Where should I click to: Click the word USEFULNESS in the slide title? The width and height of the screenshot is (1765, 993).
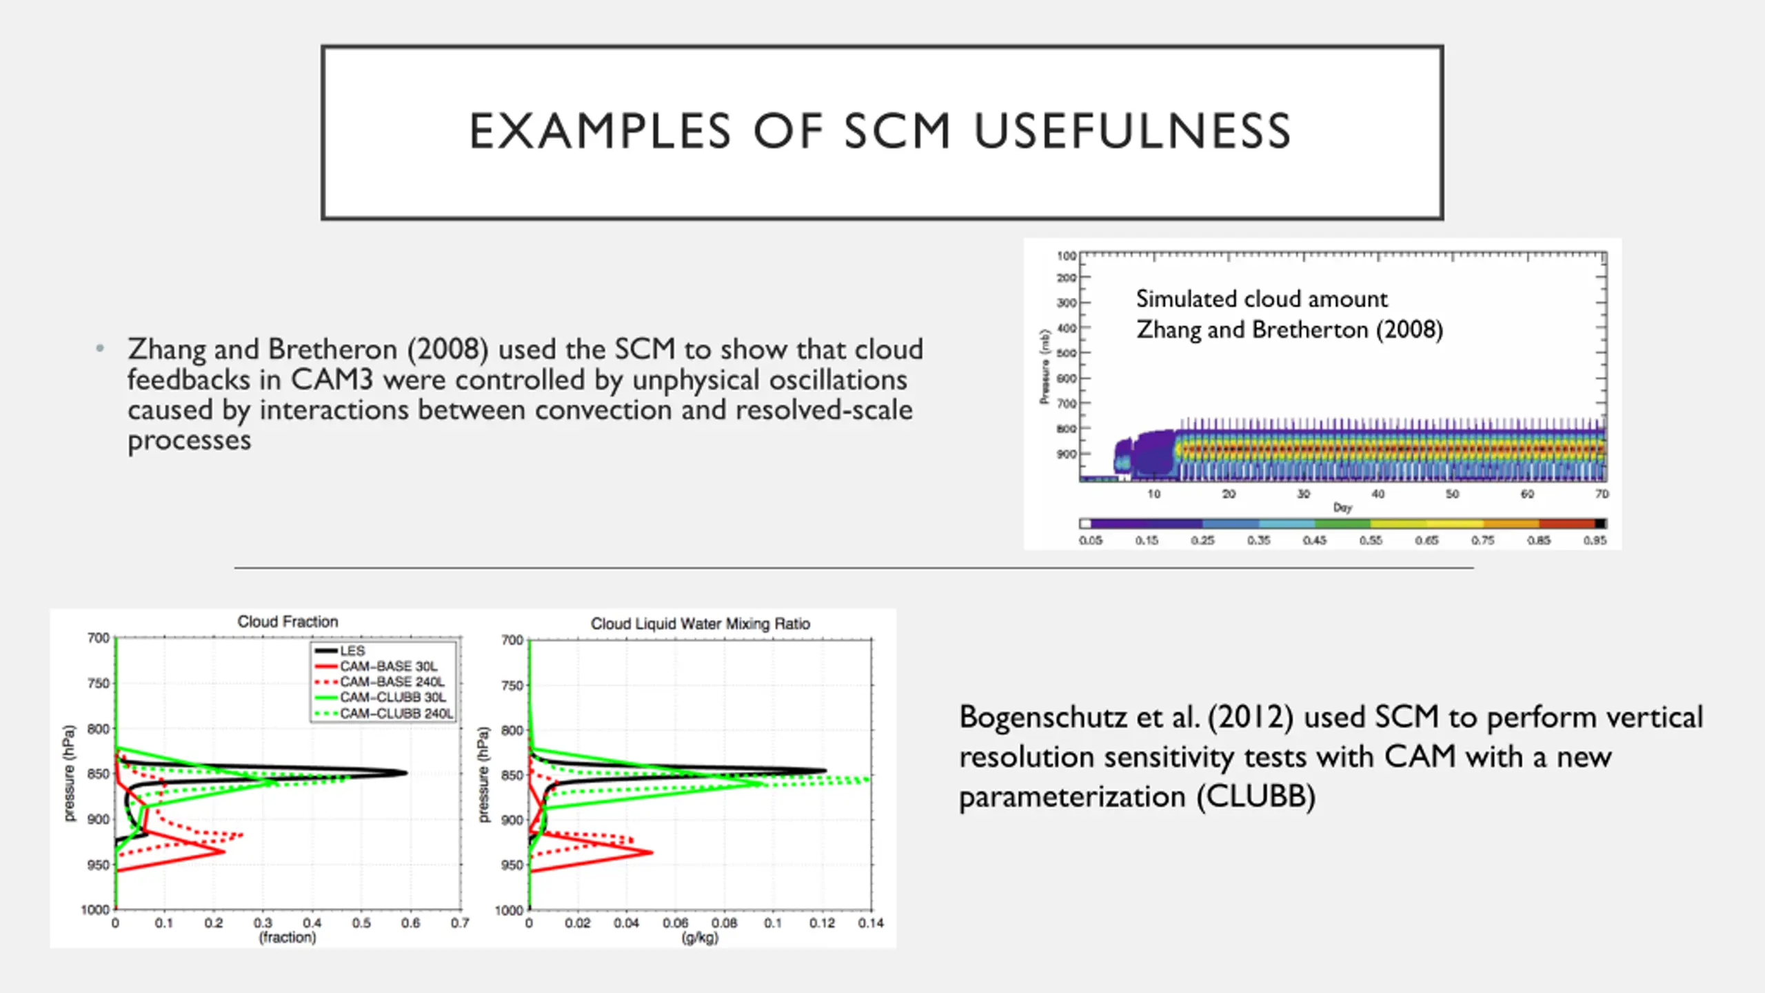coord(1132,131)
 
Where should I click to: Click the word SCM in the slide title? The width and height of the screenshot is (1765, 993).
coord(898,131)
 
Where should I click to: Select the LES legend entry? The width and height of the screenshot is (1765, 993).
coord(352,650)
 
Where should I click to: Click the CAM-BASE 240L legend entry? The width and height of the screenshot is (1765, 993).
coord(392,681)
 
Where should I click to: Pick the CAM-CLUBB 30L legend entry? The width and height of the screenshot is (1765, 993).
coord(392,697)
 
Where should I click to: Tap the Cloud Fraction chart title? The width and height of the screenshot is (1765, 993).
coord(288,621)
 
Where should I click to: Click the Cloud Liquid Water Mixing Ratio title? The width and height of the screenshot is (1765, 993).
coord(700,623)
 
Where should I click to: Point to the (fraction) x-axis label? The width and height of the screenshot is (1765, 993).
coord(288,937)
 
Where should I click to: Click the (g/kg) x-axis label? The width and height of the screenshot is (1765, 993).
coord(700,938)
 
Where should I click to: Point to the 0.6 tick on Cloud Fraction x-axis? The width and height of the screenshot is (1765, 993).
coord(410,923)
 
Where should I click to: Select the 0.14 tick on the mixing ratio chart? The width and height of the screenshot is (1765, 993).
coord(871,923)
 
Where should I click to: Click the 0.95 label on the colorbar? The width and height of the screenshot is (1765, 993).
coord(1595,540)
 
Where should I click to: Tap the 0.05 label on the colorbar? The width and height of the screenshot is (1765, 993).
coord(1091,540)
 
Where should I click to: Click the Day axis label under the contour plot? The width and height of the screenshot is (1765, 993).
coord(1342,508)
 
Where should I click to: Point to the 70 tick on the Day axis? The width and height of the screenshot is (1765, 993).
coord(1601,494)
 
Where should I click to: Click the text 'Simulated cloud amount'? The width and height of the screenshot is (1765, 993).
coord(1262,299)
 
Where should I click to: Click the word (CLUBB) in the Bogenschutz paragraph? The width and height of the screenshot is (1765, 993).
coord(1256,796)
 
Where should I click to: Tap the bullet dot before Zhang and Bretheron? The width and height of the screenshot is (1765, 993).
coord(101,348)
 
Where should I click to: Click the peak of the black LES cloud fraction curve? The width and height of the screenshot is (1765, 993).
coord(405,772)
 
